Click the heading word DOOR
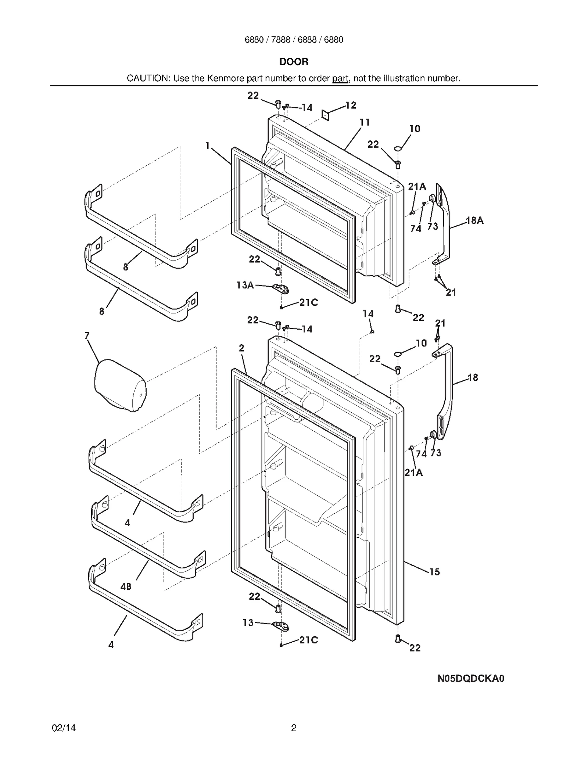294,62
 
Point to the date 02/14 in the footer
64,728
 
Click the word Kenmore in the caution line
226,78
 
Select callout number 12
351,105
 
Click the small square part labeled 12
325,115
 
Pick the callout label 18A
474,220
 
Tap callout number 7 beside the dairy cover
87,335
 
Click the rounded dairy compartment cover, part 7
120,386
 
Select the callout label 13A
245,285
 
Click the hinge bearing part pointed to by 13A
282,289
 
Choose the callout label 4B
126,586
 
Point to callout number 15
434,572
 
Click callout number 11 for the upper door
364,122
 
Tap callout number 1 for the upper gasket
207,146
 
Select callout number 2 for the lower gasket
241,348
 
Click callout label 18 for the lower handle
473,377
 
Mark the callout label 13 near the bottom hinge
248,623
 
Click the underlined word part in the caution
340,78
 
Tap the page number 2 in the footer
294,728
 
